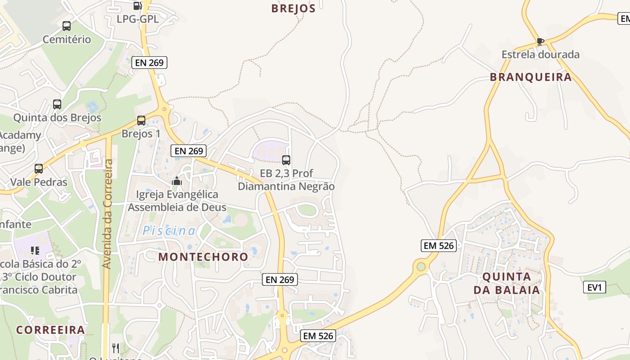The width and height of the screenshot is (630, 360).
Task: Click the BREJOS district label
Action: [293, 9]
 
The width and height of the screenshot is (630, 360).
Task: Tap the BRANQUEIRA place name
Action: [531, 77]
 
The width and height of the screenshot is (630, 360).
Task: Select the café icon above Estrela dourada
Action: [540, 41]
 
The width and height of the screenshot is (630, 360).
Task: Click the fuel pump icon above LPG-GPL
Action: [138, 6]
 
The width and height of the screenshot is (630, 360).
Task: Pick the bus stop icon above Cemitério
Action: [67, 26]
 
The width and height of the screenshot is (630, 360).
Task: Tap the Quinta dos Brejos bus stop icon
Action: [57, 104]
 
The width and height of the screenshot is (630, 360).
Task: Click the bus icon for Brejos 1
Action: [141, 121]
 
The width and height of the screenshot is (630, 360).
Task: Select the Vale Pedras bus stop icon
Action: [39, 169]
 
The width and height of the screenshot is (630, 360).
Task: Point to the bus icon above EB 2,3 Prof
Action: [286, 160]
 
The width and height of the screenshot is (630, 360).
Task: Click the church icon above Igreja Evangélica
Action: [177, 181]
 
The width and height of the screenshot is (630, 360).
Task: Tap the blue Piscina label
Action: [169, 231]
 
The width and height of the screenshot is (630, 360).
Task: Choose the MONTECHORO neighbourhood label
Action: [203, 257]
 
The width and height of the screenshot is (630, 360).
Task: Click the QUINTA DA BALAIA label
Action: [506, 283]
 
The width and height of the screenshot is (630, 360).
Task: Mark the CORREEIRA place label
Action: [51, 330]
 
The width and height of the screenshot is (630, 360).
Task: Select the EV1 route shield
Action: [594, 287]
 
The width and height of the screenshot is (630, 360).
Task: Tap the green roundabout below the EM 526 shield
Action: [421, 266]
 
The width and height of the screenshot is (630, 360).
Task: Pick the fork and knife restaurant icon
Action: [116, 348]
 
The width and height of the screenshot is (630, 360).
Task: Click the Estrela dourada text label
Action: [540, 55]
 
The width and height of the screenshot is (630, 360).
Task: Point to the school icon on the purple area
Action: [35, 250]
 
